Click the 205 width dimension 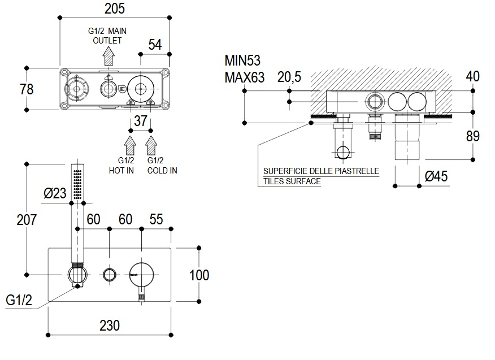(x=115, y=8)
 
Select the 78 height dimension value (x=27, y=89)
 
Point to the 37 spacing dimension (x=141, y=120)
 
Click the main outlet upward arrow (x=108, y=57)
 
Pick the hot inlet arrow (x=130, y=145)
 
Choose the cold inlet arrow (x=151, y=145)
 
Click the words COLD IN (x=162, y=170)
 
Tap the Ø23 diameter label (x=55, y=193)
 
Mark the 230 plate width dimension (x=110, y=326)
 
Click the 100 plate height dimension (x=199, y=275)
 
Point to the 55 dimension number (x=156, y=219)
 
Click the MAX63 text (x=244, y=77)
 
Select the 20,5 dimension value (x=289, y=78)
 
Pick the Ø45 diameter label (x=436, y=177)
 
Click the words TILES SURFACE (x=292, y=181)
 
